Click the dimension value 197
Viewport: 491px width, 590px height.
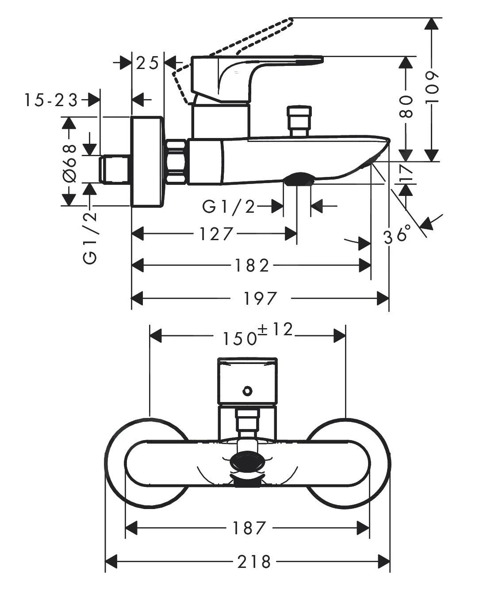[260, 299]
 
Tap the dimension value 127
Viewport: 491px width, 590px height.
[215, 234]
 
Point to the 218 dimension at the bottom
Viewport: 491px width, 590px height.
[254, 562]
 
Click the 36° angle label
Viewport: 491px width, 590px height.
[397, 236]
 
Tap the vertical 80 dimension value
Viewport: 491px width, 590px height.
[406, 107]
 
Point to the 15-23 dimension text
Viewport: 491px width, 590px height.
[50, 100]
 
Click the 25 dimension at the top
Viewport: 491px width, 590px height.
[147, 63]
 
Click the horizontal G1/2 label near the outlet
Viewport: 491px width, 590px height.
[229, 206]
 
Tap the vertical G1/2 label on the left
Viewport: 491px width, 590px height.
[90, 238]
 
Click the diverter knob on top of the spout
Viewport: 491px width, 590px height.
[299, 119]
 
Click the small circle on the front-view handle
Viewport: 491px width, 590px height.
[247, 391]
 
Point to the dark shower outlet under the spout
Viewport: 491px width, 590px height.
[299, 179]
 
